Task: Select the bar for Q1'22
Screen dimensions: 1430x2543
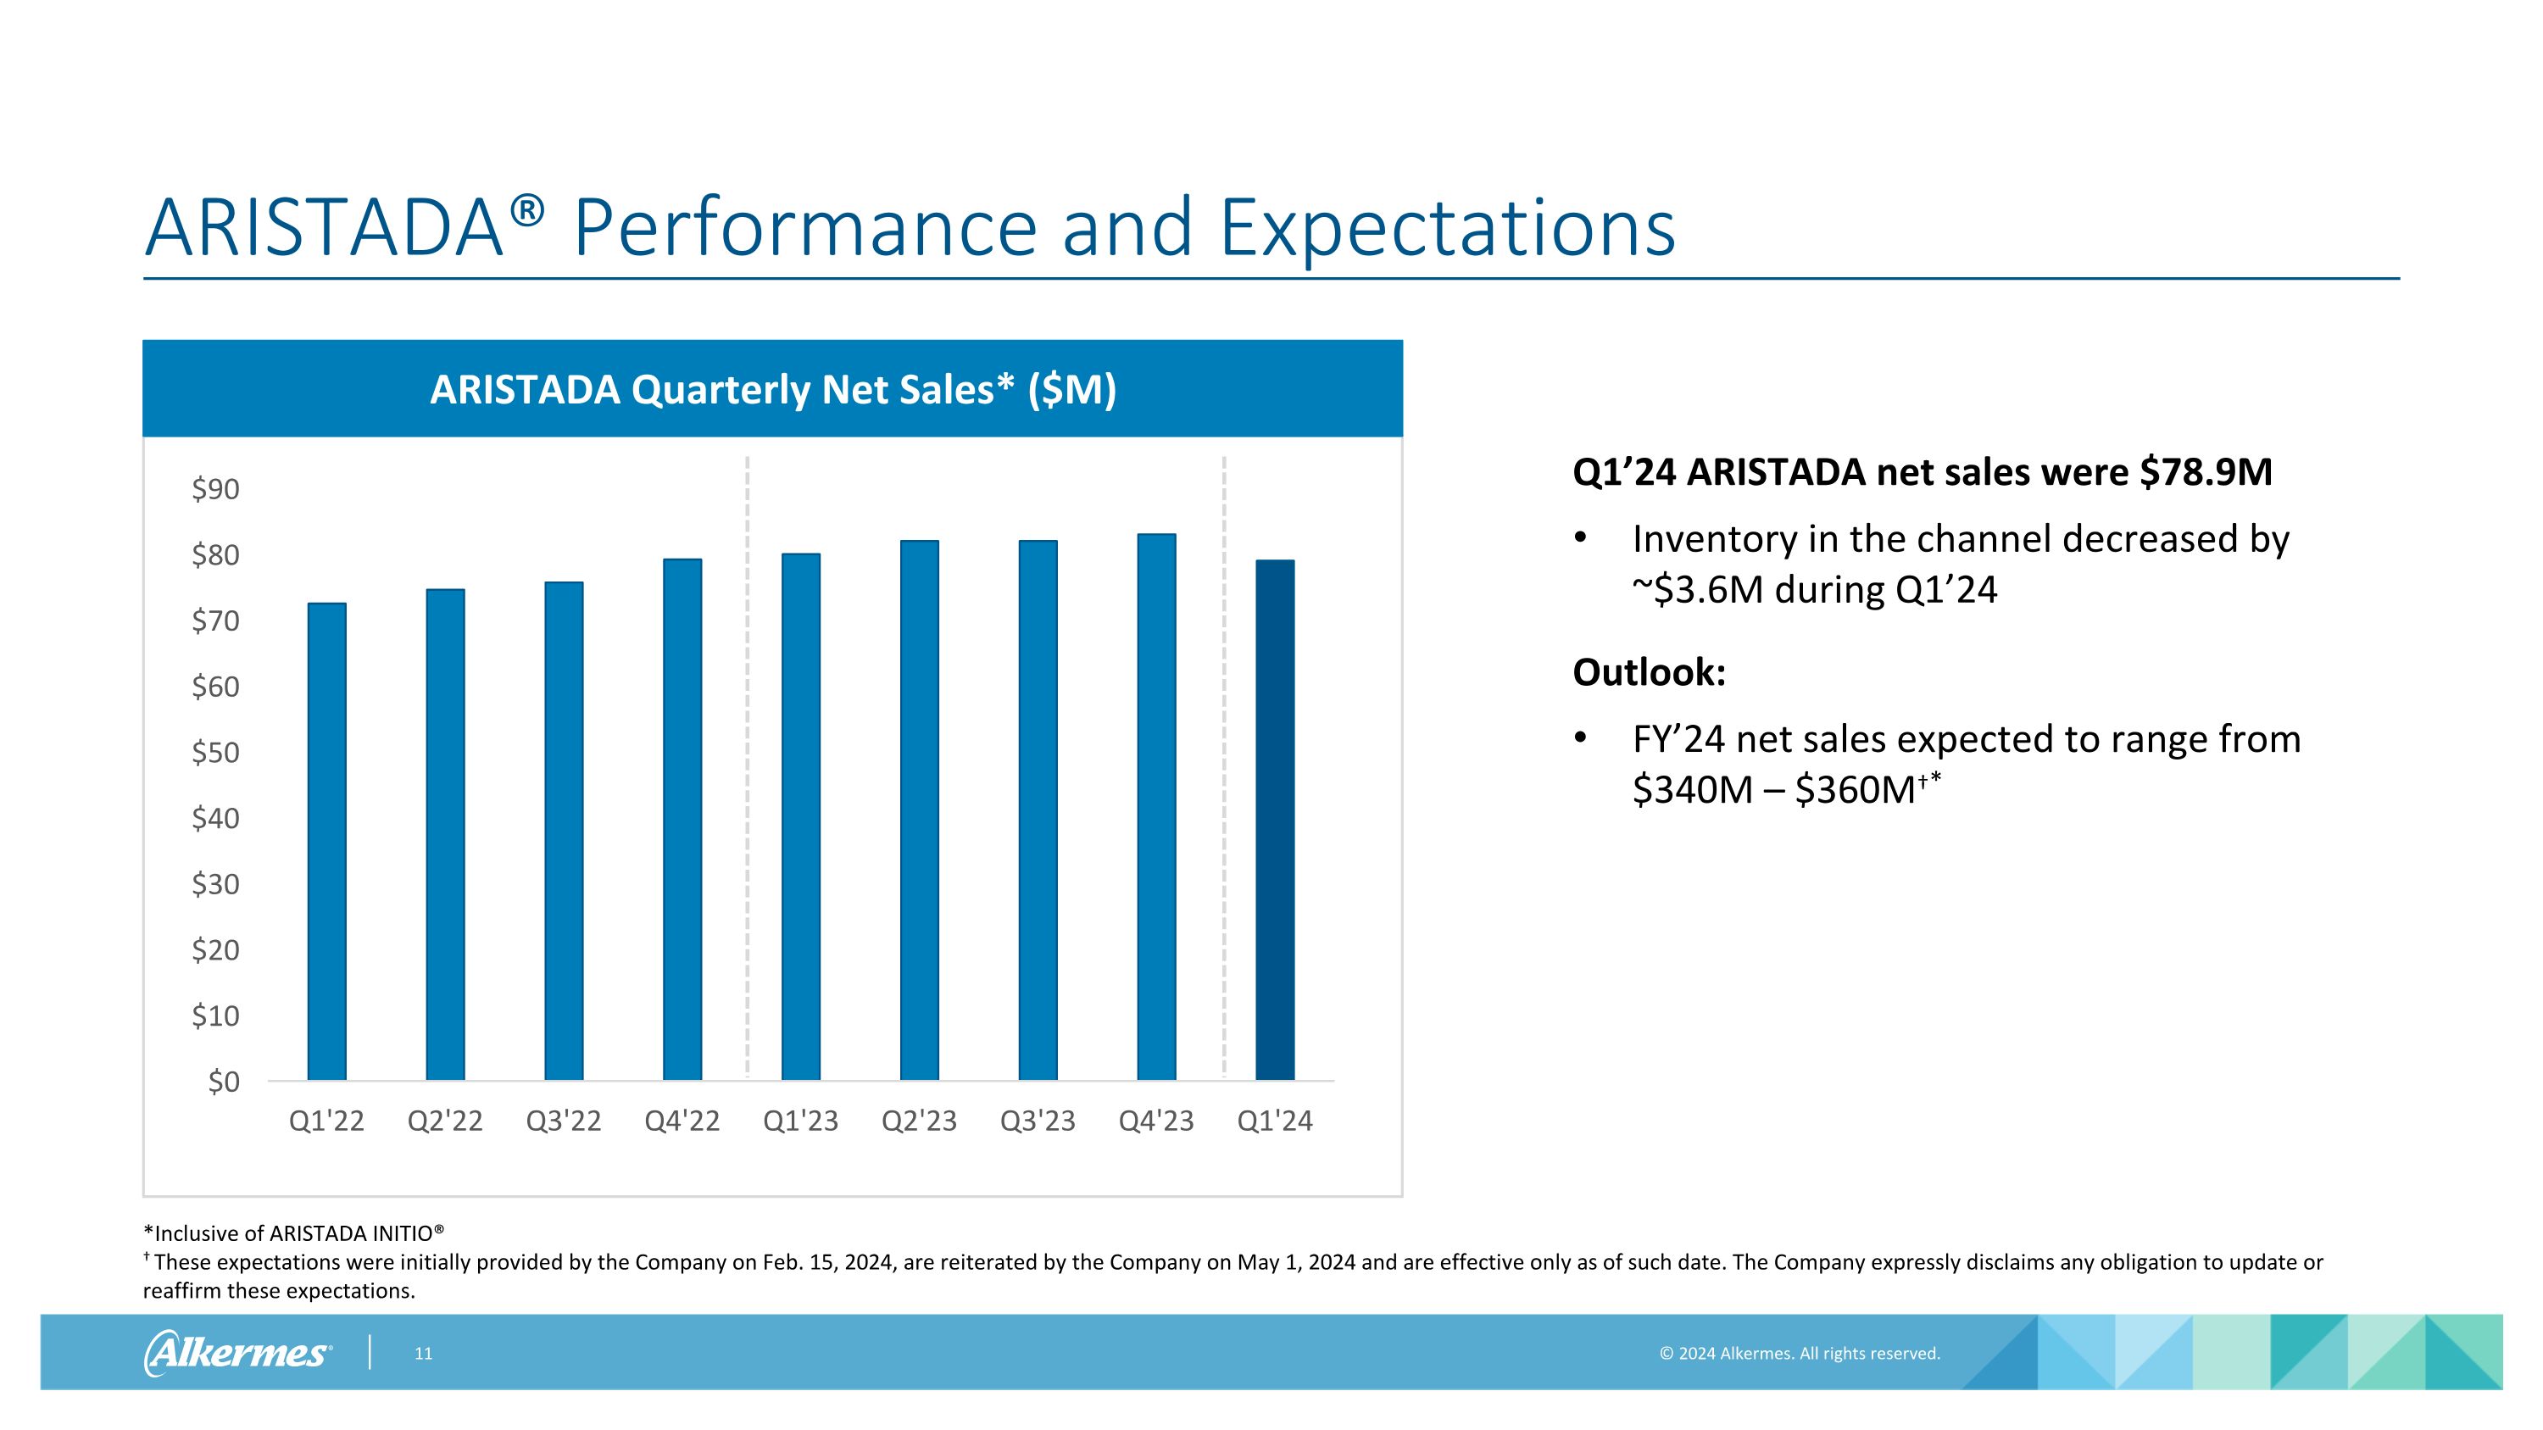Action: click(326, 841)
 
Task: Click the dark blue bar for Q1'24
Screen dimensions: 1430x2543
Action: click(1274, 819)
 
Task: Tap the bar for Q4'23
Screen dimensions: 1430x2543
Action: click(1156, 806)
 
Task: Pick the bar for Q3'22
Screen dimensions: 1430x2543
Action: click(564, 830)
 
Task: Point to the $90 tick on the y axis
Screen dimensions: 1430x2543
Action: click(215, 488)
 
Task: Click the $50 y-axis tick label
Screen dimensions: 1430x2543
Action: click(215, 752)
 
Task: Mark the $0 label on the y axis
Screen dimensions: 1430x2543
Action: click(223, 1082)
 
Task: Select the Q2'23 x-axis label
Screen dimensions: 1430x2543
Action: click(919, 1121)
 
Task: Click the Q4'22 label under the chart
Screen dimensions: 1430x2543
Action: click(682, 1121)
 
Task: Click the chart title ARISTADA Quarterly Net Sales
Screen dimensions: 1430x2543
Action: click(772, 390)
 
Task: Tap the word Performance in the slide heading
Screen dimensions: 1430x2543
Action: click(804, 228)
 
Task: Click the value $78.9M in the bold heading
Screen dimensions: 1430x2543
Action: click(2206, 472)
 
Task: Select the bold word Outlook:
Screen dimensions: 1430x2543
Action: click(1649, 672)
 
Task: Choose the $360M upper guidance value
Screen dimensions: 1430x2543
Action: click(1856, 789)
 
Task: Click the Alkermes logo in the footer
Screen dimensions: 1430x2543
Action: click(238, 1352)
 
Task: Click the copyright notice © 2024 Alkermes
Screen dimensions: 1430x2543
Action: click(1799, 1353)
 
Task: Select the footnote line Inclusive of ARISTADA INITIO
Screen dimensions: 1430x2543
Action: click(294, 1232)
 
